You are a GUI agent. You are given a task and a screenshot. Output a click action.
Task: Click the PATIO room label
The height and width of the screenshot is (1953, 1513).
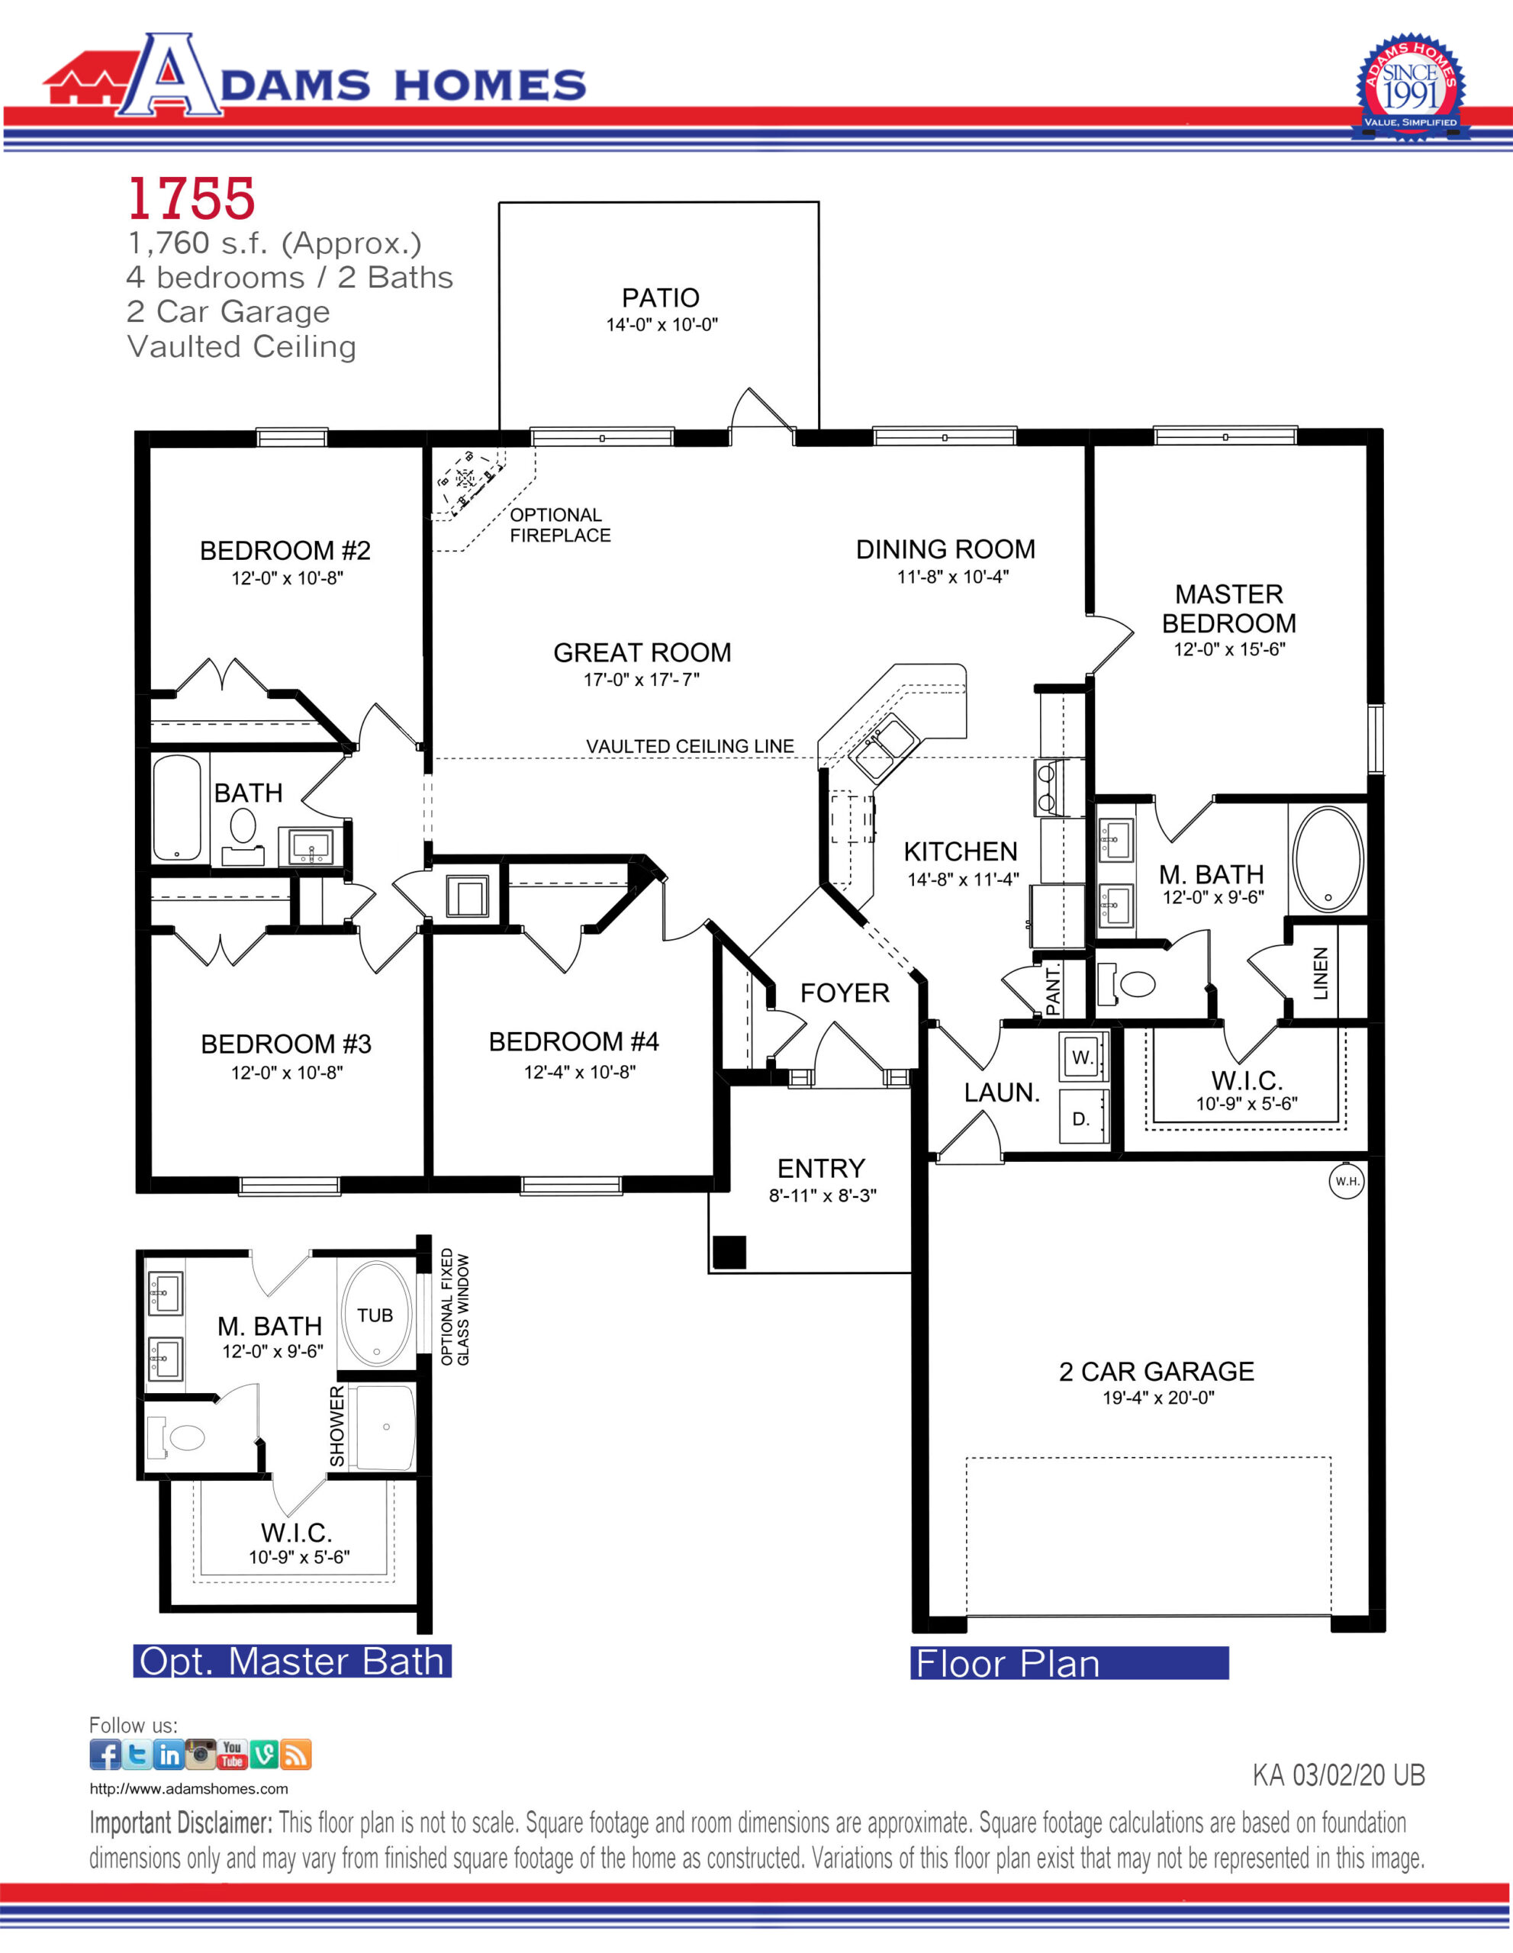coord(660,298)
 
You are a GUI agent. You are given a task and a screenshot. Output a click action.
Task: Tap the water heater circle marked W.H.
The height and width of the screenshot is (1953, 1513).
coord(1346,1180)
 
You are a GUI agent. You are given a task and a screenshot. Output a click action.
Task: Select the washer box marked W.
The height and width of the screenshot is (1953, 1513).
coord(1083,1056)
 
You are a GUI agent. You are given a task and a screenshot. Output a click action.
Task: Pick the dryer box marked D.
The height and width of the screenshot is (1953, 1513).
coord(1083,1117)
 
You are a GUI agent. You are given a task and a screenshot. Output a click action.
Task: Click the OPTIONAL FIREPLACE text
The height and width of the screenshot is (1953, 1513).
coord(560,525)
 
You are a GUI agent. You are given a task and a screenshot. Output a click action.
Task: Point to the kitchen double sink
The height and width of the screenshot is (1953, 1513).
coord(883,748)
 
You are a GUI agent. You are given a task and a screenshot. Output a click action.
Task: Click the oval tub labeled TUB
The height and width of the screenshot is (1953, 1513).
coord(375,1314)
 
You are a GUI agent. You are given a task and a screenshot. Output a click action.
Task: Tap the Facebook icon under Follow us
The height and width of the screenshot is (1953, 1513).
coord(105,1755)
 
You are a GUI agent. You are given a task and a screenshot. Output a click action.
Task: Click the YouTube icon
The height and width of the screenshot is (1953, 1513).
coord(232,1755)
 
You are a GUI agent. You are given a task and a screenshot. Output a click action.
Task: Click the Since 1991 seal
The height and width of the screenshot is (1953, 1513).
coord(1409,88)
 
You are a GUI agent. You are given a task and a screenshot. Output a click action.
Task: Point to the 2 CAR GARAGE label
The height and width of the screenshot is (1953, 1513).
coord(1156,1371)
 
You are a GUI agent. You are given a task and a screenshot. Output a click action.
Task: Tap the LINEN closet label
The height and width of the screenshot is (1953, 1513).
coord(1321,973)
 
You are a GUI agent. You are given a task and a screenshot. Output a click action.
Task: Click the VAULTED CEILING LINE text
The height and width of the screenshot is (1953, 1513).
coord(690,746)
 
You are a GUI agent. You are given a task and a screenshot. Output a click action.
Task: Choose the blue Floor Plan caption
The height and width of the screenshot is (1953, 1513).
coord(1070,1662)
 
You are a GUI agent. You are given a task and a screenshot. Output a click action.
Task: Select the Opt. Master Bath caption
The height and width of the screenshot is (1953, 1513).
coord(292,1661)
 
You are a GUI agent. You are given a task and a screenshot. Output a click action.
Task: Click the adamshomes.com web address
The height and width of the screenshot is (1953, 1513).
coord(188,1788)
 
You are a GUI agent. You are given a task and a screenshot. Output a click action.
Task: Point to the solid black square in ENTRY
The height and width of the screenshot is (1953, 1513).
coord(729,1252)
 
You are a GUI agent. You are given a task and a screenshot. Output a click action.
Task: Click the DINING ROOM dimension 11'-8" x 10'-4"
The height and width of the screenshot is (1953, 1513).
coord(952,577)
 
